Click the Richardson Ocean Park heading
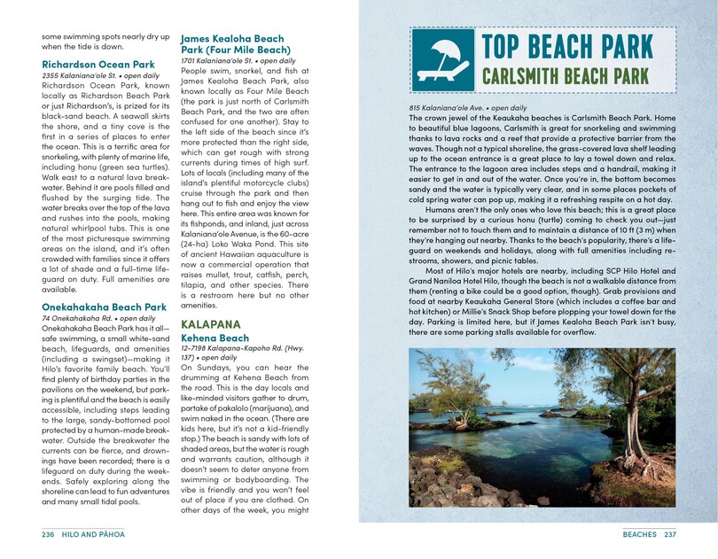98,65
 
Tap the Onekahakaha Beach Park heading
104,307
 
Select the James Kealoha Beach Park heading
232,44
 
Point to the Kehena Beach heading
215,338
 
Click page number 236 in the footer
49,535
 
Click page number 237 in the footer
670,535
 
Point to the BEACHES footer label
639,535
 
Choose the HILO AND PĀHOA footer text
96,535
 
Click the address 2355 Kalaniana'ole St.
82,77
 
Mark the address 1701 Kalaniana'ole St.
221,61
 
